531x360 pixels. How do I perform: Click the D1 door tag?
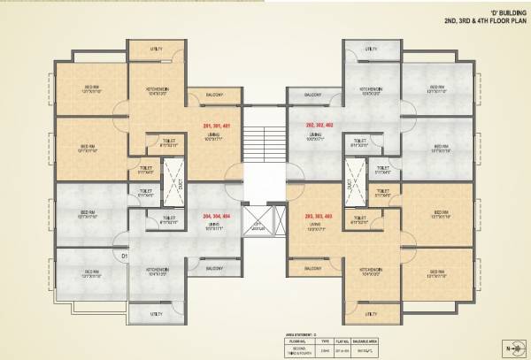125,256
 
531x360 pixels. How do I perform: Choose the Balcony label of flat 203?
312,267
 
